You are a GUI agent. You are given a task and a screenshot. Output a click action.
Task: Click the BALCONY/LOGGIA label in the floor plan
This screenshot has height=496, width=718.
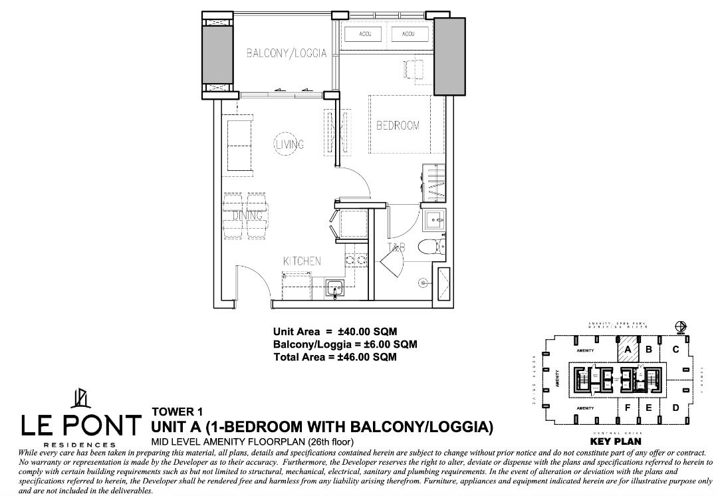287,53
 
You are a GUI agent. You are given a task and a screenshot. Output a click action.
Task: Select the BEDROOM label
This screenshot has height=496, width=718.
398,126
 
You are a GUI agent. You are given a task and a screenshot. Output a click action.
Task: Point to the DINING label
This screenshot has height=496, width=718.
247,216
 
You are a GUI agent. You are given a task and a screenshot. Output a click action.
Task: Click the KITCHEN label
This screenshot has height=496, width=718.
302,261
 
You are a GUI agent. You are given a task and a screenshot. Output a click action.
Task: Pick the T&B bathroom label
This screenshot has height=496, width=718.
397,248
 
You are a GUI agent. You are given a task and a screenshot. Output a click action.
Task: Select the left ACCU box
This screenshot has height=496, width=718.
364,34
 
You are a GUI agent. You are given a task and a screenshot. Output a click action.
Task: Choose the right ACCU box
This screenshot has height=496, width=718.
408,34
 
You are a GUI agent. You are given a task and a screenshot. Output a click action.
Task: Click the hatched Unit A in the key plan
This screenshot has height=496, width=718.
626,348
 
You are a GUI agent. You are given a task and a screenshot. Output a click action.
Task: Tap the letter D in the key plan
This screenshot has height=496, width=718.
675,408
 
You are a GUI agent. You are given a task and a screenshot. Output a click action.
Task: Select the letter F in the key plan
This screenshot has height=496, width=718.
626,408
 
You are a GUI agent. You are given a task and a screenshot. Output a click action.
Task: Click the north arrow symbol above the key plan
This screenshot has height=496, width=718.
679,326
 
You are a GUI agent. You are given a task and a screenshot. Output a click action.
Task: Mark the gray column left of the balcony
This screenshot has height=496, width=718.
217,54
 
